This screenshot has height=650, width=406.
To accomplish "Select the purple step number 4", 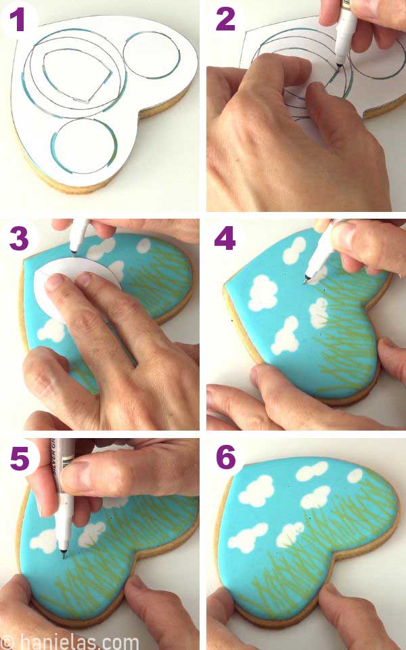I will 225,238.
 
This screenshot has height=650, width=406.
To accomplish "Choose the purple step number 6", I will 225,458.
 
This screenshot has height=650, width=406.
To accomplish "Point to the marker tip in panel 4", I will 308,278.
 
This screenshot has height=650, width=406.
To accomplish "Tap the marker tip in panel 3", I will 75,254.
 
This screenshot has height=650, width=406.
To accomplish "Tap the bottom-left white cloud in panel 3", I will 51,330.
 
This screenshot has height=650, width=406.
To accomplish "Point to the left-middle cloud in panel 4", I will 263,293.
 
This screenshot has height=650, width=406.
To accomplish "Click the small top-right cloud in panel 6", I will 355,476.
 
